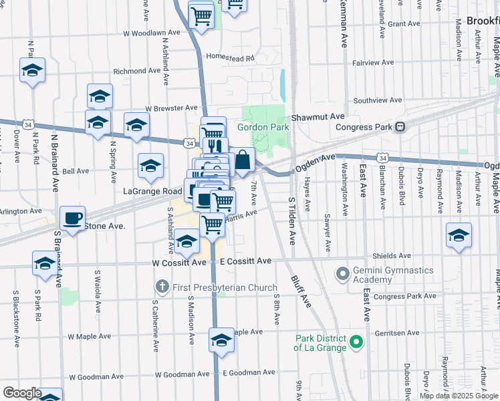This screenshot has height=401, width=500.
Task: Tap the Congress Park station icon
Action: (x=400, y=127)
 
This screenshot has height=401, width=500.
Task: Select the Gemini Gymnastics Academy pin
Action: (x=343, y=273)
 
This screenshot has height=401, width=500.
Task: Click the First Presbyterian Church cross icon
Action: (x=161, y=287)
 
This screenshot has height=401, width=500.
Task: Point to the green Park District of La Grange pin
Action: (x=356, y=344)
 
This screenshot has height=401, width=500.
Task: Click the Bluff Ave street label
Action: (x=301, y=291)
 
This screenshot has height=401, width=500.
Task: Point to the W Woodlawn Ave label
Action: (x=151, y=32)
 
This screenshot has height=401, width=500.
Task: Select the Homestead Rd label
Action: (x=231, y=58)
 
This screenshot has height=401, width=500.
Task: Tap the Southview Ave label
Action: (x=378, y=100)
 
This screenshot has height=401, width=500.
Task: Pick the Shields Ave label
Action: (x=392, y=255)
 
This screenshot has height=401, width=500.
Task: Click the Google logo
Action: (x=22, y=393)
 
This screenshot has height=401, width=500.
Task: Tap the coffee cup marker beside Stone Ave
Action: (x=73, y=217)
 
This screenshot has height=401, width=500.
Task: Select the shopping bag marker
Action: (x=242, y=160)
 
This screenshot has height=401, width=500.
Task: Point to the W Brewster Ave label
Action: (x=171, y=108)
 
